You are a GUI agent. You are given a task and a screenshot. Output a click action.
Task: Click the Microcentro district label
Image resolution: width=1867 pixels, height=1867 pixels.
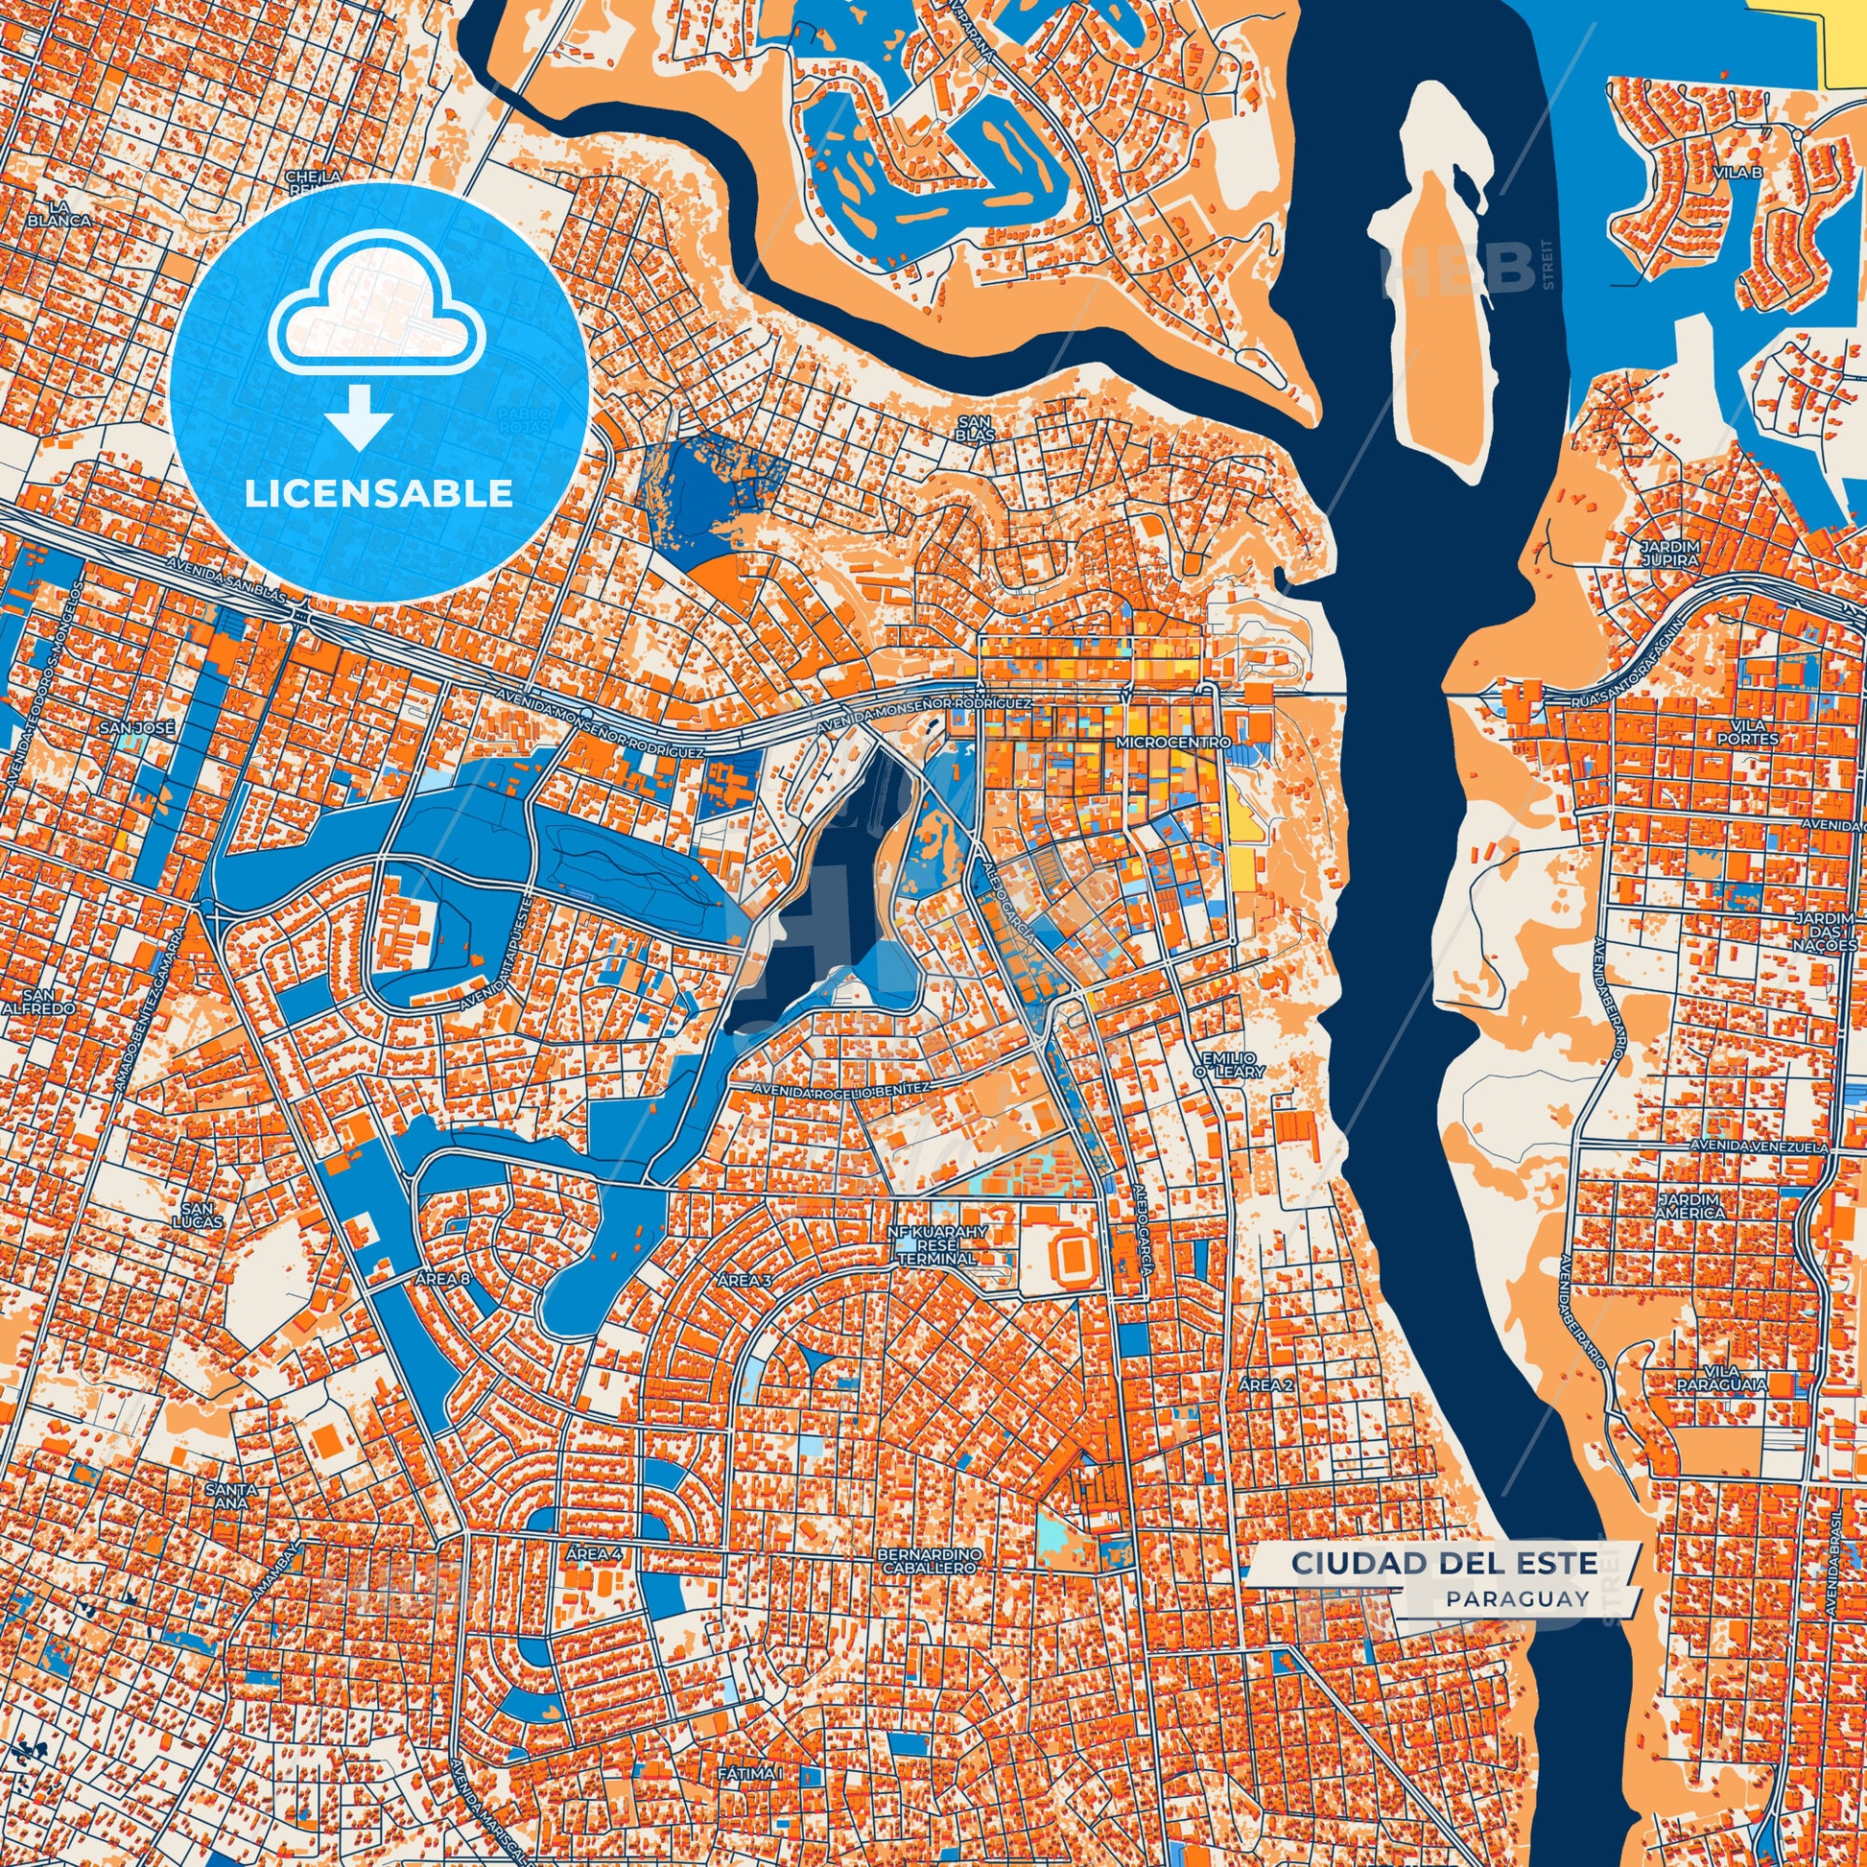click(x=1171, y=743)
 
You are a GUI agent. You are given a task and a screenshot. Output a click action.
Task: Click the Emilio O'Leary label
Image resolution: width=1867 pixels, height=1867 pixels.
click(x=1215, y=1040)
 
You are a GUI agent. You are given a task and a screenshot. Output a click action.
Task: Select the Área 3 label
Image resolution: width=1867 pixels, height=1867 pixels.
click(x=745, y=1281)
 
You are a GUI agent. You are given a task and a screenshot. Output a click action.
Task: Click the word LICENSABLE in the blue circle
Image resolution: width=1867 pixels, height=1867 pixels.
click(x=378, y=494)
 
